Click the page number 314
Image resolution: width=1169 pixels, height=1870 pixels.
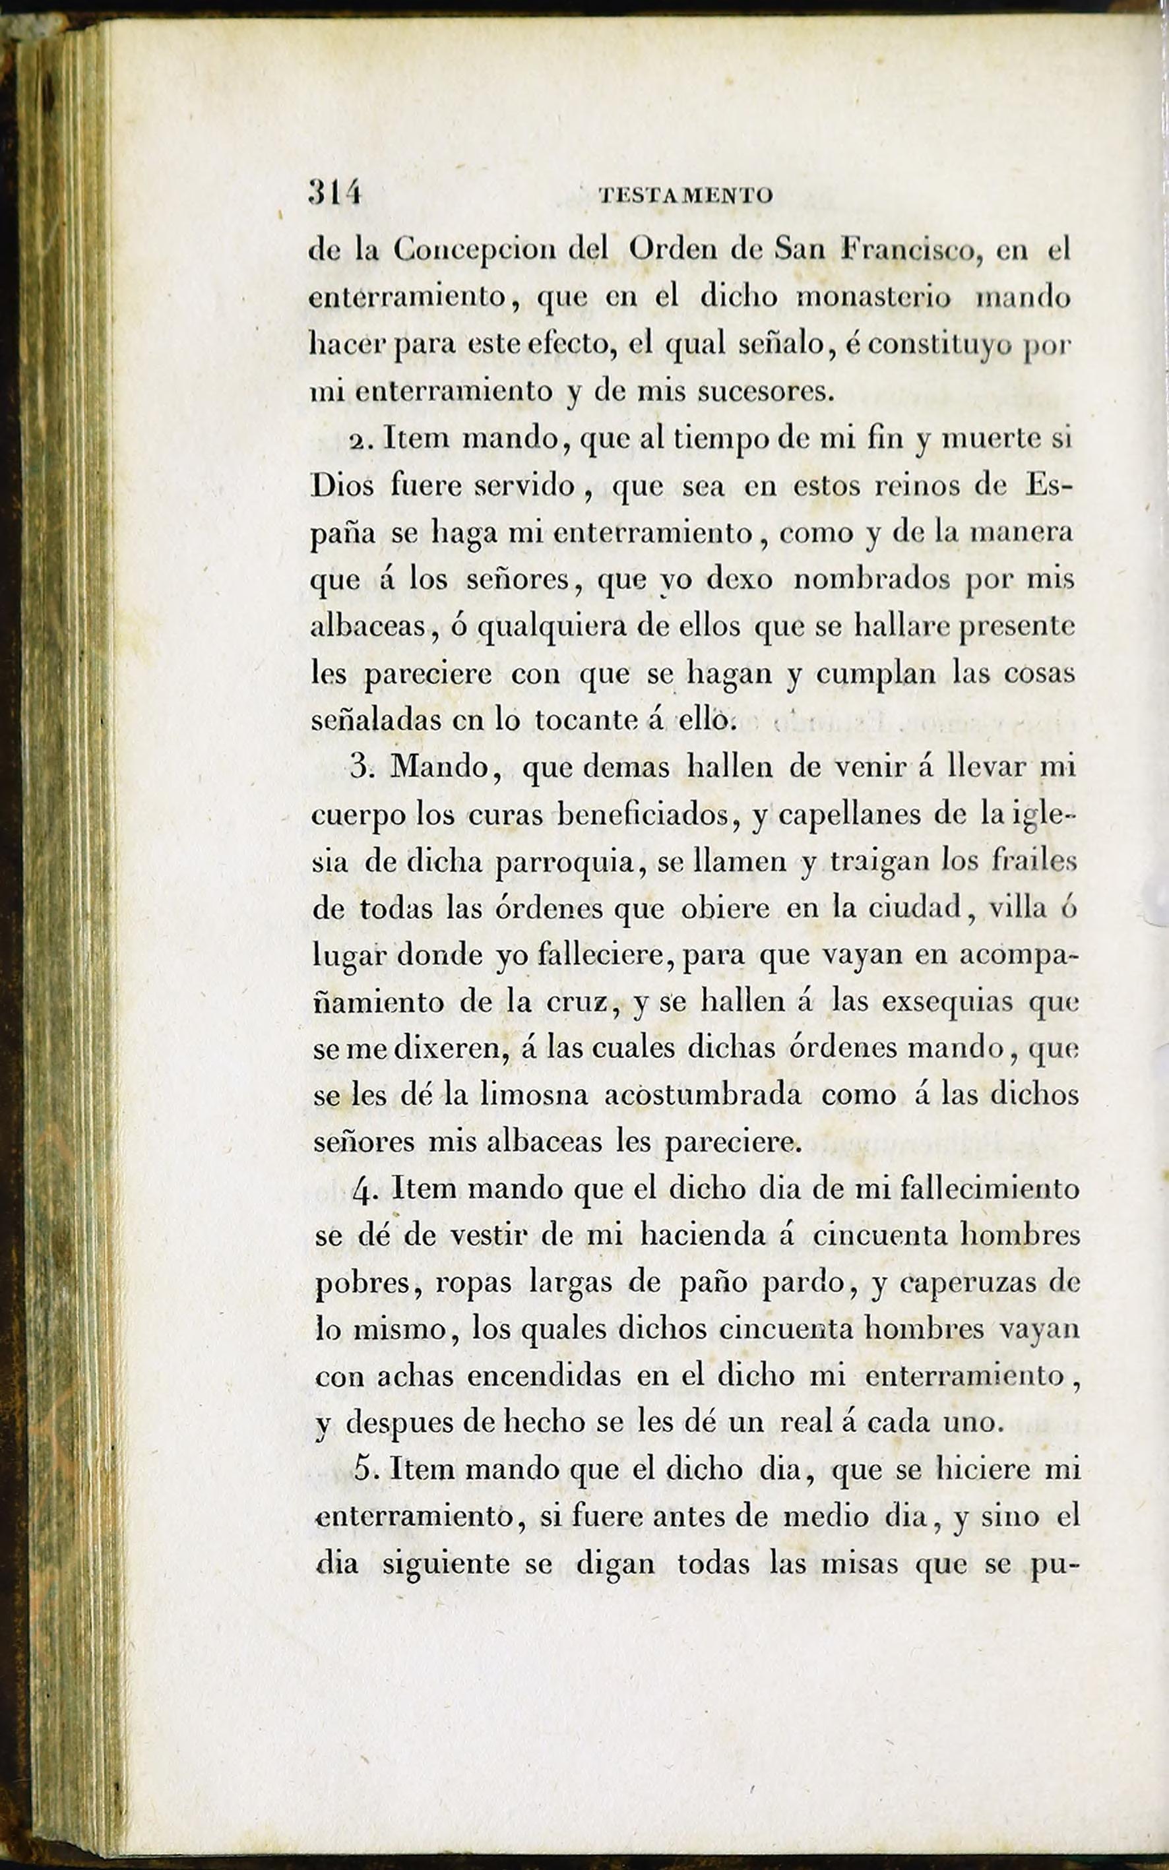334,193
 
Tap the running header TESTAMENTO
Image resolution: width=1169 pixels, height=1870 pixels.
686,196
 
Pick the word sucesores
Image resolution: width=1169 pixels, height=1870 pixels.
765,392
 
